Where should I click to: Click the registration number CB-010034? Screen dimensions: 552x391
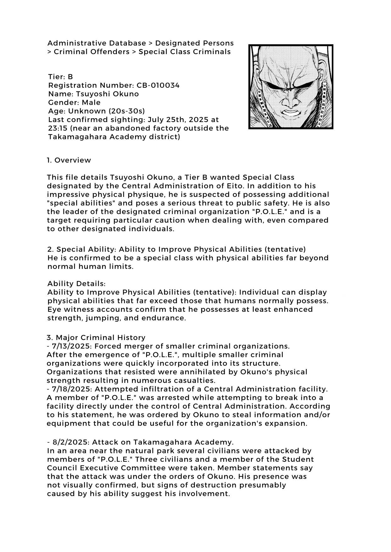[x=158, y=85]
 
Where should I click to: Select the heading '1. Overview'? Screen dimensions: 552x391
[x=69, y=160]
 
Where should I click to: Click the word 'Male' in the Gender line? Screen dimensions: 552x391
[x=91, y=102]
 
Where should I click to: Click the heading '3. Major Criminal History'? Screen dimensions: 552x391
[x=96, y=337]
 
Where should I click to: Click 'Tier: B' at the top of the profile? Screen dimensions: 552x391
[x=60, y=77]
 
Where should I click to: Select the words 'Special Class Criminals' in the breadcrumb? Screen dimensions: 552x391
[x=184, y=52]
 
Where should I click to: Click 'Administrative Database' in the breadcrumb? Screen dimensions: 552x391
[x=97, y=43]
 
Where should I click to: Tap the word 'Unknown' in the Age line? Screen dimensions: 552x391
[x=87, y=111]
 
